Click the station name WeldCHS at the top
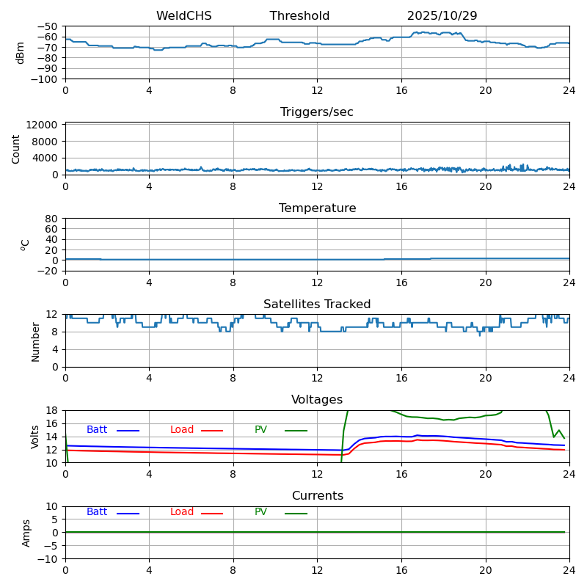click(x=183, y=16)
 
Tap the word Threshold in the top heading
click(x=299, y=16)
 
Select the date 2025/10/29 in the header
click(x=442, y=16)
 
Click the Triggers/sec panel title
click(x=317, y=112)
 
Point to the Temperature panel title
click(x=317, y=208)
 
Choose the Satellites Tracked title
click(x=317, y=305)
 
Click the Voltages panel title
click(x=317, y=400)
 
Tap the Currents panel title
click(x=317, y=496)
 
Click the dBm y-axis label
click(x=21, y=53)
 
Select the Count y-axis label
click(x=16, y=148)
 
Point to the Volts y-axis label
click(x=35, y=437)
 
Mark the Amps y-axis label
click(x=26, y=533)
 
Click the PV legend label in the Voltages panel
click(x=261, y=430)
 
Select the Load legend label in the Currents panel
click(x=182, y=512)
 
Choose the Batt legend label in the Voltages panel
click(x=97, y=430)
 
